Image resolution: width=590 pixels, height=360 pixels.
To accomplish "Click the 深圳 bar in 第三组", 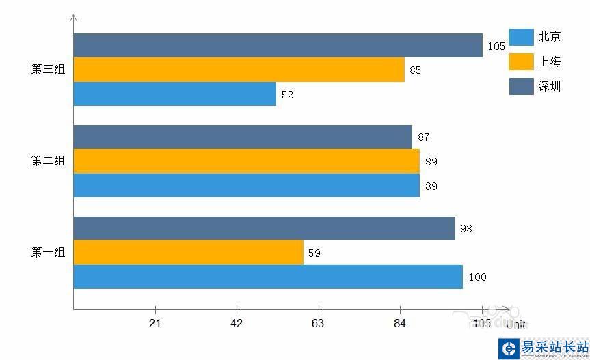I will tap(278, 46).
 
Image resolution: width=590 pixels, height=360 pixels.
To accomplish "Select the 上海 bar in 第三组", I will tap(239, 70).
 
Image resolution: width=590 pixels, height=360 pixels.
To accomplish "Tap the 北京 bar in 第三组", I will tap(174, 94).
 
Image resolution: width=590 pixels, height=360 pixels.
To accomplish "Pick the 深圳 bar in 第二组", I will tap(243, 137).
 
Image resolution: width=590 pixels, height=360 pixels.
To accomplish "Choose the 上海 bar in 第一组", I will tap(188, 253).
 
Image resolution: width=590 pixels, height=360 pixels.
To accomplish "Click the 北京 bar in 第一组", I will tap(268, 277).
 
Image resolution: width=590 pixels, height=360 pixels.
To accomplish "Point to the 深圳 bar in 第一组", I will tap(264, 228).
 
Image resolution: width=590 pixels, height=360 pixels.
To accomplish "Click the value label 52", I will tap(287, 95).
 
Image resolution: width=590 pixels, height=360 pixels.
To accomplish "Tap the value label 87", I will tap(423, 137).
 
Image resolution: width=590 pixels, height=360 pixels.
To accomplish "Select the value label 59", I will tap(314, 253).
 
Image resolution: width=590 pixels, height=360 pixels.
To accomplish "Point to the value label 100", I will tap(477, 277).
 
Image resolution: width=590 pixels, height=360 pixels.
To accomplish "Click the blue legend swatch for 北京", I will tap(521, 38).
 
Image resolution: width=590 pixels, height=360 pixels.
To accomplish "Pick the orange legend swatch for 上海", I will tap(521, 61).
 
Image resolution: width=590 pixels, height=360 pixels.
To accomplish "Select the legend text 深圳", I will tap(550, 86).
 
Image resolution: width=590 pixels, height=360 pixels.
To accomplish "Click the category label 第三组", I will tap(48, 69).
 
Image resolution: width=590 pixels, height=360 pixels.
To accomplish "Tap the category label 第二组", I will tap(48, 161).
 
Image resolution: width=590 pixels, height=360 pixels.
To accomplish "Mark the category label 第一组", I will tap(48, 253).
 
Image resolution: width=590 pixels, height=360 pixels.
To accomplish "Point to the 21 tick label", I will tap(155, 323).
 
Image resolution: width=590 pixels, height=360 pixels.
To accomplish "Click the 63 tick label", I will tap(318, 323).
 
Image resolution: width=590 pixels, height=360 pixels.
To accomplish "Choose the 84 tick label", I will tap(400, 323).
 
